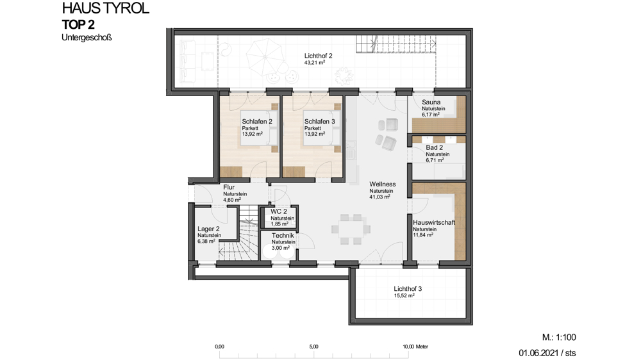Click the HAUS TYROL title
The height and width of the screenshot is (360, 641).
106,8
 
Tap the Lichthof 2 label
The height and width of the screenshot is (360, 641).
318,56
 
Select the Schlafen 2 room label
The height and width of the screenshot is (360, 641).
257,121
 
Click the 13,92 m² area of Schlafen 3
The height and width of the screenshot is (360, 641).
314,134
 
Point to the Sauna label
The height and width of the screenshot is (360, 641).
431,102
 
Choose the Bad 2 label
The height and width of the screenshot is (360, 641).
434,147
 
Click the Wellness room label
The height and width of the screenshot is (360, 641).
382,184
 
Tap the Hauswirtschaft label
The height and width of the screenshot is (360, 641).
434,223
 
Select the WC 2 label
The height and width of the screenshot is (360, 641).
279,211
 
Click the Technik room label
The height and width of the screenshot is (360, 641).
283,235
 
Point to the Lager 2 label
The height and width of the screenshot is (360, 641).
208,229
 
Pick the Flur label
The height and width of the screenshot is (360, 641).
229,187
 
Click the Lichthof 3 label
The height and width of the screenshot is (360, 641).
408,289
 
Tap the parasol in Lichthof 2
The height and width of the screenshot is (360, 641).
263,57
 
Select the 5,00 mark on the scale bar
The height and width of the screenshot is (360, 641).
313,347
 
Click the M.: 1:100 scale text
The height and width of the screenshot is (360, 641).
559,338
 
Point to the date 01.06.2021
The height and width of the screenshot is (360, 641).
538,353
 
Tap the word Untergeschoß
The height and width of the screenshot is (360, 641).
87,38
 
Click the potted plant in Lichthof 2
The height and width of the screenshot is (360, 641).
344,76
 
